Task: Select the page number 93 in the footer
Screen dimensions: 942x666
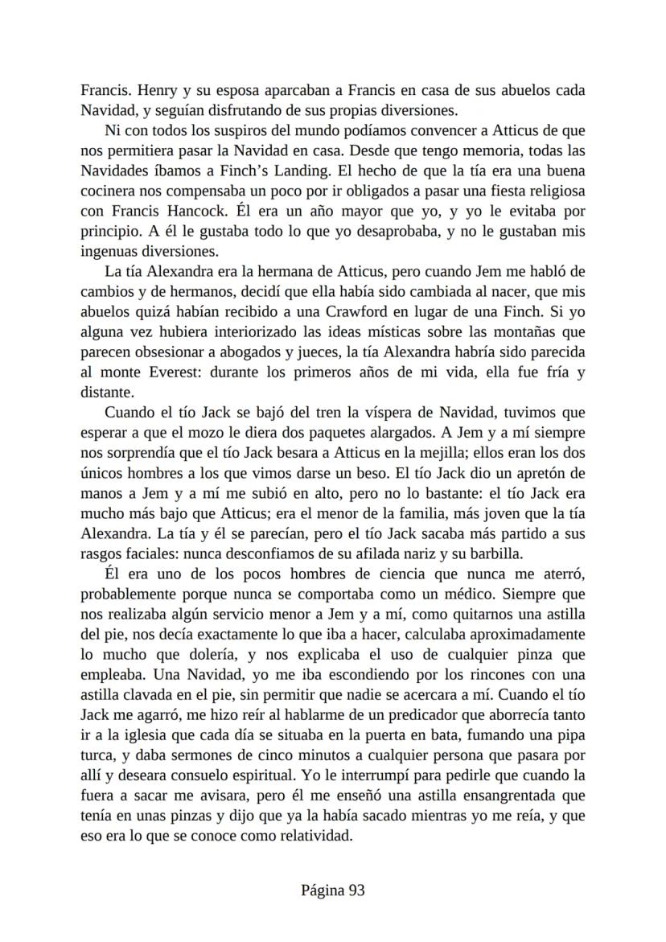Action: [x=357, y=890]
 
